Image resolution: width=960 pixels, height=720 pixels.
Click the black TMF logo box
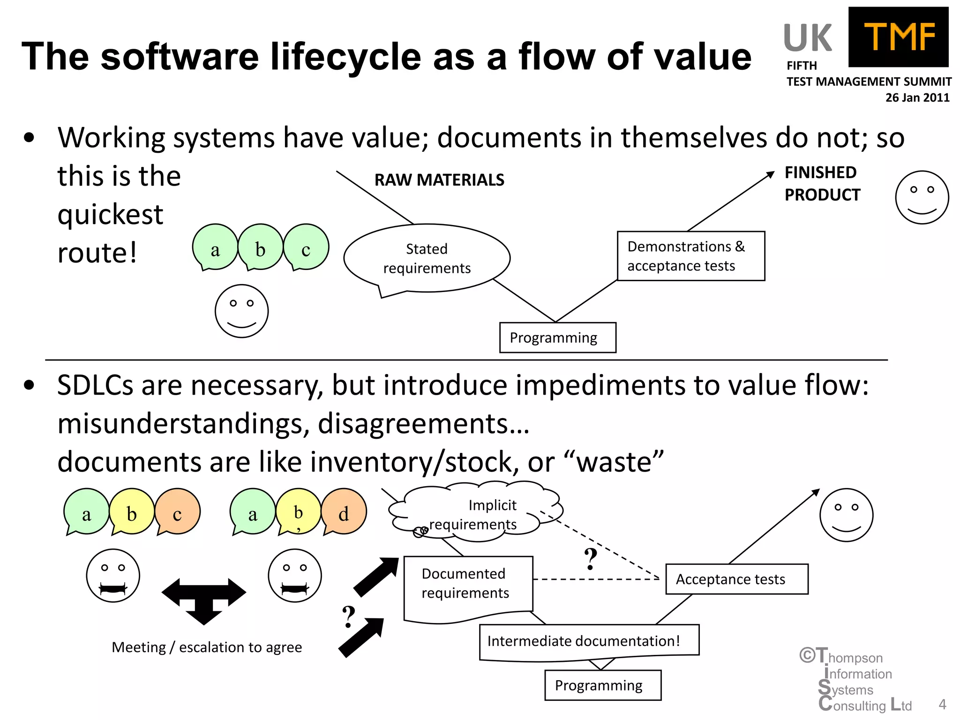click(x=898, y=37)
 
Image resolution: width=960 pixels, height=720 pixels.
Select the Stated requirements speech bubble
click(x=427, y=258)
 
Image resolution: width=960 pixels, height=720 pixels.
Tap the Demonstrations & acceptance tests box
click(x=690, y=256)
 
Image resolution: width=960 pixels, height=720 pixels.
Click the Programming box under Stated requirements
click(x=557, y=337)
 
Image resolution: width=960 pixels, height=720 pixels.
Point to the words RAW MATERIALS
click(x=439, y=180)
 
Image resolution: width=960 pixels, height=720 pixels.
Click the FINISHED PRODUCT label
click(x=822, y=183)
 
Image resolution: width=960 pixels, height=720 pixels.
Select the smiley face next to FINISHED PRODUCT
click(x=922, y=197)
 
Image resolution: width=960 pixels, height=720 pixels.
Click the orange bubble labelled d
click(x=344, y=512)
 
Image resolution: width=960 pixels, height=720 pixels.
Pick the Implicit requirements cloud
click(x=476, y=512)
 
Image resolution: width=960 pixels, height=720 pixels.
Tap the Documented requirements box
click(x=467, y=584)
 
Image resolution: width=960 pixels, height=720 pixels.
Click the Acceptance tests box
click(x=736, y=579)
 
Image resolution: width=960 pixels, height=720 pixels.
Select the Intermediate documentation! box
click(x=589, y=641)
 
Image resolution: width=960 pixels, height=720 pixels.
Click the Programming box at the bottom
click(x=602, y=685)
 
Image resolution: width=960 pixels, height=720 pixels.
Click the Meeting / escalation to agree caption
click(x=207, y=647)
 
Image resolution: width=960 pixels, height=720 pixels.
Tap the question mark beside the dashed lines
click(x=591, y=559)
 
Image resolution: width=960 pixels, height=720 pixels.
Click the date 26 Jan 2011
click(x=917, y=97)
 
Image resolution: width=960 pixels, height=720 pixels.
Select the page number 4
click(x=942, y=704)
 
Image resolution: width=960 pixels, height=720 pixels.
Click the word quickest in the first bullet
click(x=110, y=215)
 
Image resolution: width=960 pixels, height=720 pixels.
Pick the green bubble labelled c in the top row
click(x=306, y=247)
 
